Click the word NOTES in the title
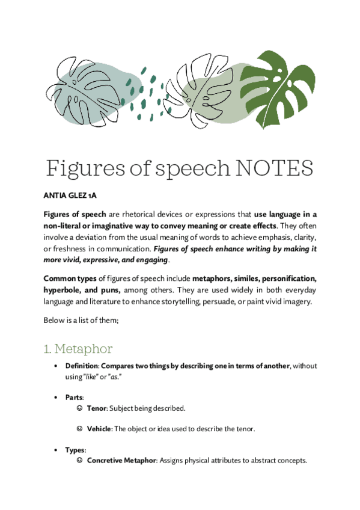click(x=274, y=168)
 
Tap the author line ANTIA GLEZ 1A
click(x=70, y=195)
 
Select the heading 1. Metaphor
click(x=78, y=348)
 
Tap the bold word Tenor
click(x=97, y=408)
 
